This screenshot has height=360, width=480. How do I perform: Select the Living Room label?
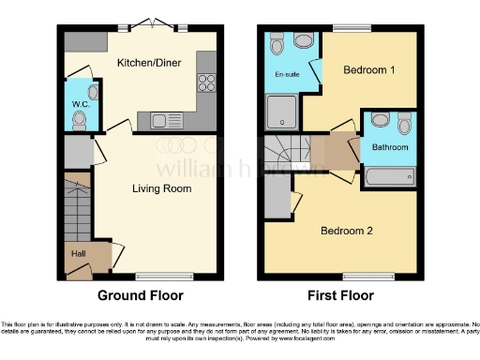pos(160,187)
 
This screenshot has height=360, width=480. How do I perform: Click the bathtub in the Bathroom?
pos(389,174)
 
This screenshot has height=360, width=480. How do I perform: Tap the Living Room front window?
pos(157,276)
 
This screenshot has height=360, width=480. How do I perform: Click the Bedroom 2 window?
pos(367,276)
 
